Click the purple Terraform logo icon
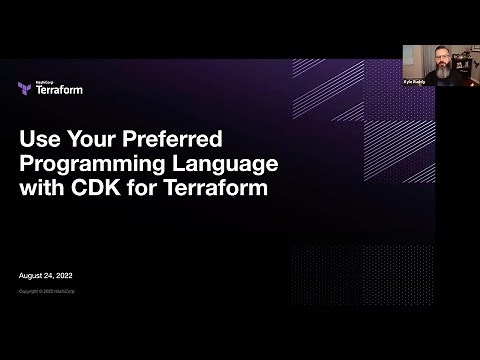coord(24,88)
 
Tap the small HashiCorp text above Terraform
coord(43,80)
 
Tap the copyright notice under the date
coord(47,291)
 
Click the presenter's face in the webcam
coord(443,58)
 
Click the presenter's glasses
coord(443,56)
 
